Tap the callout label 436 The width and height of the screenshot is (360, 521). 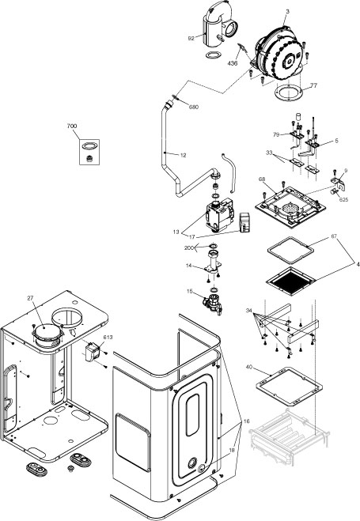[233, 62]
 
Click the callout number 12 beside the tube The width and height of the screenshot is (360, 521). [183, 155]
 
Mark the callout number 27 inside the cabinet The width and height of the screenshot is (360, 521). [31, 298]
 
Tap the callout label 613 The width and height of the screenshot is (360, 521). [108, 338]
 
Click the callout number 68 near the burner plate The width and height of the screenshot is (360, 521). [261, 180]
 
